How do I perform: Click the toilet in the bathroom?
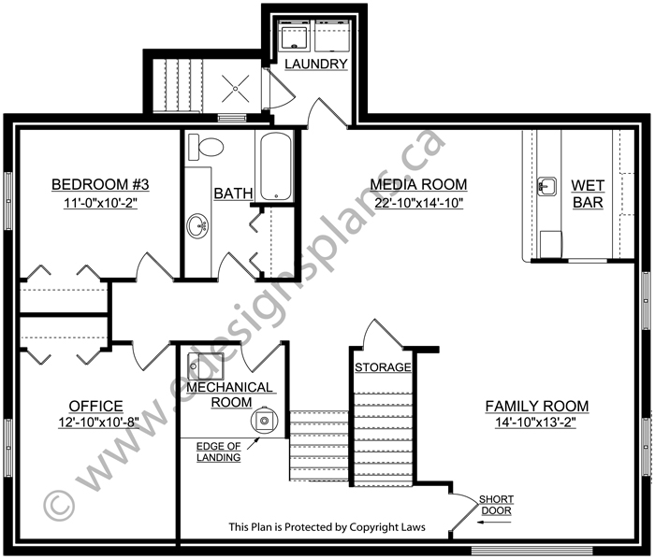(x=206, y=147)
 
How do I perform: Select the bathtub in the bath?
(x=276, y=167)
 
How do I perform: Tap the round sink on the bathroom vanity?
(x=197, y=226)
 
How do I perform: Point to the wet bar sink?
(x=546, y=186)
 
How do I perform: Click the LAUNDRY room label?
(x=316, y=64)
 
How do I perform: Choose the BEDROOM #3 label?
(x=100, y=184)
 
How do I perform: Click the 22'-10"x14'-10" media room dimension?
(x=418, y=203)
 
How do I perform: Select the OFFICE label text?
(x=96, y=406)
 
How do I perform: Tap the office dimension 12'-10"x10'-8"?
(x=98, y=423)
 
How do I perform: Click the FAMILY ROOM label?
(x=537, y=406)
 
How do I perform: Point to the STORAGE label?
(x=383, y=367)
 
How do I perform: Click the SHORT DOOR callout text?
(x=496, y=505)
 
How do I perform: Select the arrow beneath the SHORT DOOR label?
(x=495, y=522)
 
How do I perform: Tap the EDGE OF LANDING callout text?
(x=218, y=451)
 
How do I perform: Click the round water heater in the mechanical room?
(x=264, y=421)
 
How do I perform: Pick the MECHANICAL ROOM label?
(x=230, y=394)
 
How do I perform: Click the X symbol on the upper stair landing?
(x=235, y=89)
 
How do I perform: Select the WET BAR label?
(x=588, y=193)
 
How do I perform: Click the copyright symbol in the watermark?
(x=59, y=506)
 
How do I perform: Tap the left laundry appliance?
(x=295, y=36)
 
